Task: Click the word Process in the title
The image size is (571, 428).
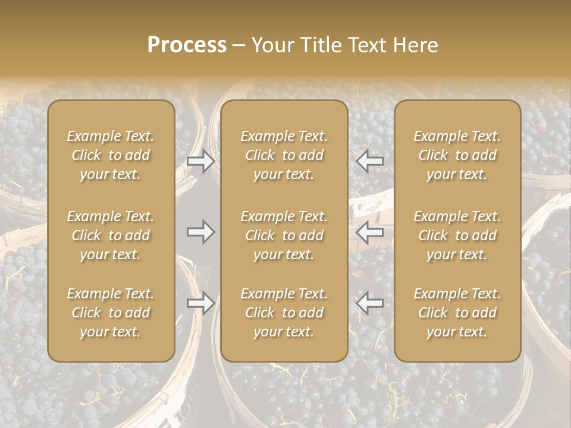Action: click(187, 45)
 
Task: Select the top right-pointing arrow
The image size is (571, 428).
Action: click(201, 161)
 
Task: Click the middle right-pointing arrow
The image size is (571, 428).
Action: click(201, 232)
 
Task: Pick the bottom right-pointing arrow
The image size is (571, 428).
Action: click(201, 303)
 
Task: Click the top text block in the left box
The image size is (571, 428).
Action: click(111, 155)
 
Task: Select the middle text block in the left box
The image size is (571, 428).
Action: click(111, 235)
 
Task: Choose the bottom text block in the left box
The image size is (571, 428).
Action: click(111, 313)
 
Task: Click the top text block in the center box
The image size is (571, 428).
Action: click(284, 155)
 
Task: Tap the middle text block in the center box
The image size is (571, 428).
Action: click(284, 235)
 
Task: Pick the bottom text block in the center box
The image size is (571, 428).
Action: click(284, 313)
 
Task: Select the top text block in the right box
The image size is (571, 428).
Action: click(457, 155)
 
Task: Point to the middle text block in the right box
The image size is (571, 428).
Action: click(457, 235)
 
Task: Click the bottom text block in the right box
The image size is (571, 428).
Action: click(457, 313)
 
